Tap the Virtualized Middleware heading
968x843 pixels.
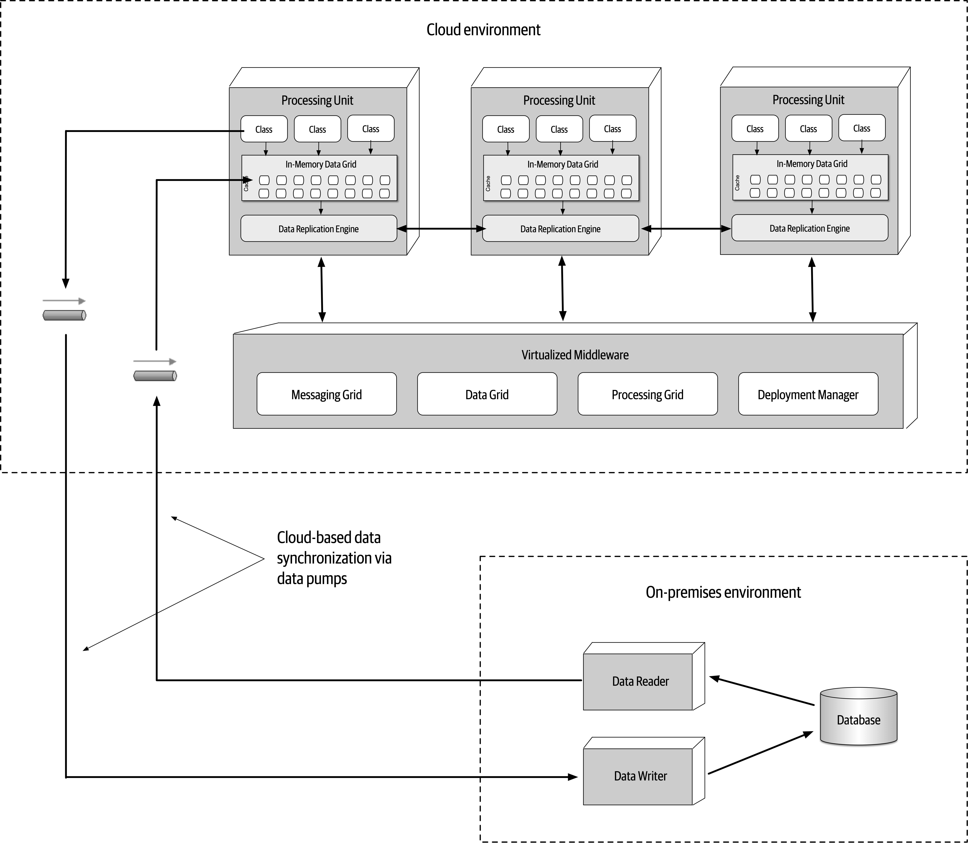click(x=575, y=355)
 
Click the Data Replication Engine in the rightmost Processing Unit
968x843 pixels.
click(x=809, y=228)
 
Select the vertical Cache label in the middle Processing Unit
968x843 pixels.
click(x=488, y=183)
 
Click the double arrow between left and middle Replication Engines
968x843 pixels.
click(x=441, y=229)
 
